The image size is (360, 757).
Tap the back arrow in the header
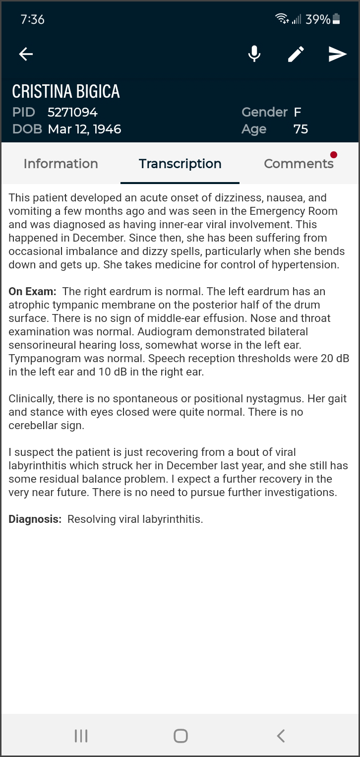tap(26, 54)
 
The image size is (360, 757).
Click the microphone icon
tap(254, 54)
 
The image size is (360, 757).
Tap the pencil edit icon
tap(296, 54)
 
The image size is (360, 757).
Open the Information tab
tap(60, 164)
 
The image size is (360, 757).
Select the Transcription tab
tap(180, 164)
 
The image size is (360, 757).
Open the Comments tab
tap(299, 164)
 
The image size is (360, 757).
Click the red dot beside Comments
tap(334, 155)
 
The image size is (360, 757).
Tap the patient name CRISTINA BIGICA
tap(66, 91)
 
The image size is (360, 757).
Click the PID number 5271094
tap(72, 112)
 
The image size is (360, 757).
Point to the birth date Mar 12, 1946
tap(84, 129)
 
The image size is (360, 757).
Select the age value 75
tap(300, 129)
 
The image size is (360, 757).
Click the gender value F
tap(298, 112)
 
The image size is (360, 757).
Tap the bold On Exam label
tap(32, 292)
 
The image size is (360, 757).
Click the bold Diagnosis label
tap(35, 519)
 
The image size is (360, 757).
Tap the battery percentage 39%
tap(318, 19)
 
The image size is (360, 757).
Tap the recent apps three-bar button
tap(81, 736)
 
